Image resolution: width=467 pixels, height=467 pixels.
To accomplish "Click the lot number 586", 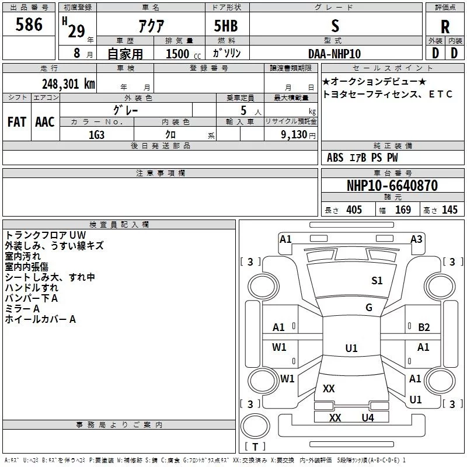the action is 29,25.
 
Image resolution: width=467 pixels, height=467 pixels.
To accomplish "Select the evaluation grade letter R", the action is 445,26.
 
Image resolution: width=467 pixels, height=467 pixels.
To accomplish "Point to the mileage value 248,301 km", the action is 68,83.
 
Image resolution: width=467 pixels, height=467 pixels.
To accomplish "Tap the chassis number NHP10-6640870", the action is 392,186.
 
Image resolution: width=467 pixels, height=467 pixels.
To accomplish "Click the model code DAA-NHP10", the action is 334,53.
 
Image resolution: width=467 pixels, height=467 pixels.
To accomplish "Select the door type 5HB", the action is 225,26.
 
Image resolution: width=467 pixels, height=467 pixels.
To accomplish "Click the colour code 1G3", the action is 96,134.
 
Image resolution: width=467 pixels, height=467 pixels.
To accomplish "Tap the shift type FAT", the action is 16,122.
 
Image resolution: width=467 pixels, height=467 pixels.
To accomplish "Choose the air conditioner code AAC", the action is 44,122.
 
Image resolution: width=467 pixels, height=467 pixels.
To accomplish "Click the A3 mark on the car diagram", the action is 416,239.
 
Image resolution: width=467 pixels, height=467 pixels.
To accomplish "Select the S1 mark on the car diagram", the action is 377,281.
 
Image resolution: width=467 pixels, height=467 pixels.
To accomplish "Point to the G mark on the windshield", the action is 369,308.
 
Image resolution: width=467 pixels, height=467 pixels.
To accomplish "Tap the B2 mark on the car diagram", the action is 424,327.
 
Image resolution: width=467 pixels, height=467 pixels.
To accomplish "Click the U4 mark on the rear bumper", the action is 367,417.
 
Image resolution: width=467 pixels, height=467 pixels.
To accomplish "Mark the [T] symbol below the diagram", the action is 255,447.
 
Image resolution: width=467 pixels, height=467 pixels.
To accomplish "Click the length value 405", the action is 354,210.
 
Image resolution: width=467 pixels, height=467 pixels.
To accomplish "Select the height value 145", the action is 449,210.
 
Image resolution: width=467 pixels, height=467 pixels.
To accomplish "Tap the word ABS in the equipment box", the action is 335,158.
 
